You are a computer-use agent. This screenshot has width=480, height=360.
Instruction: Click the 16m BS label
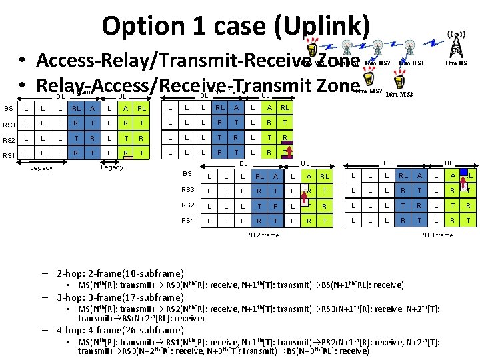(x=457, y=63)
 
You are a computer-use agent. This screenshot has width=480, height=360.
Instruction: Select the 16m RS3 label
(x=411, y=63)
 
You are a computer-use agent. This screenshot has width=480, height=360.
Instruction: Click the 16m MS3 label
(x=399, y=95)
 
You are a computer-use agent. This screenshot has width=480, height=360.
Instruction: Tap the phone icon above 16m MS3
(x=399, y=81)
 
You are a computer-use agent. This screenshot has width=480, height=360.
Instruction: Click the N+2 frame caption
(x=263, y=235)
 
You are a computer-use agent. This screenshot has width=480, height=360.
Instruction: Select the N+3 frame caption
(x=437, y=235)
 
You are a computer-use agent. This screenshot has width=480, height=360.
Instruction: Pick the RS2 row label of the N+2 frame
(x=189, y=205)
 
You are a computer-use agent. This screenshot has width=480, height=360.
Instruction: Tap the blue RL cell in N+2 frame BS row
(x=259, y=176)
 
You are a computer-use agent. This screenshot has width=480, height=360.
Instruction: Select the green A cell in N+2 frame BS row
(x=275, y=176)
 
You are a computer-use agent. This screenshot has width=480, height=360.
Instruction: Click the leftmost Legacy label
(x=41, y=168)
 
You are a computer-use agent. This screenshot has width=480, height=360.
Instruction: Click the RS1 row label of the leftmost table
(x=9, y=155)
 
